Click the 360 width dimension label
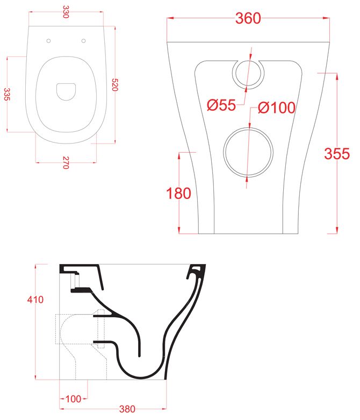pyautogui.click(x=248, y=18)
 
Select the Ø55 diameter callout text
pyautogui.click(x=221, y=105)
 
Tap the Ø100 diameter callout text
pyautogui.click(x=276, y=108)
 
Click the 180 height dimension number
pyautogui.click(x=178, y=193)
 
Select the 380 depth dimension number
pyautogui.click(x=127, y=409)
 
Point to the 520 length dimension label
pyautogui.click(x=114, y=84)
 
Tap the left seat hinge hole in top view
pyautogui.click(x=49, y=41)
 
